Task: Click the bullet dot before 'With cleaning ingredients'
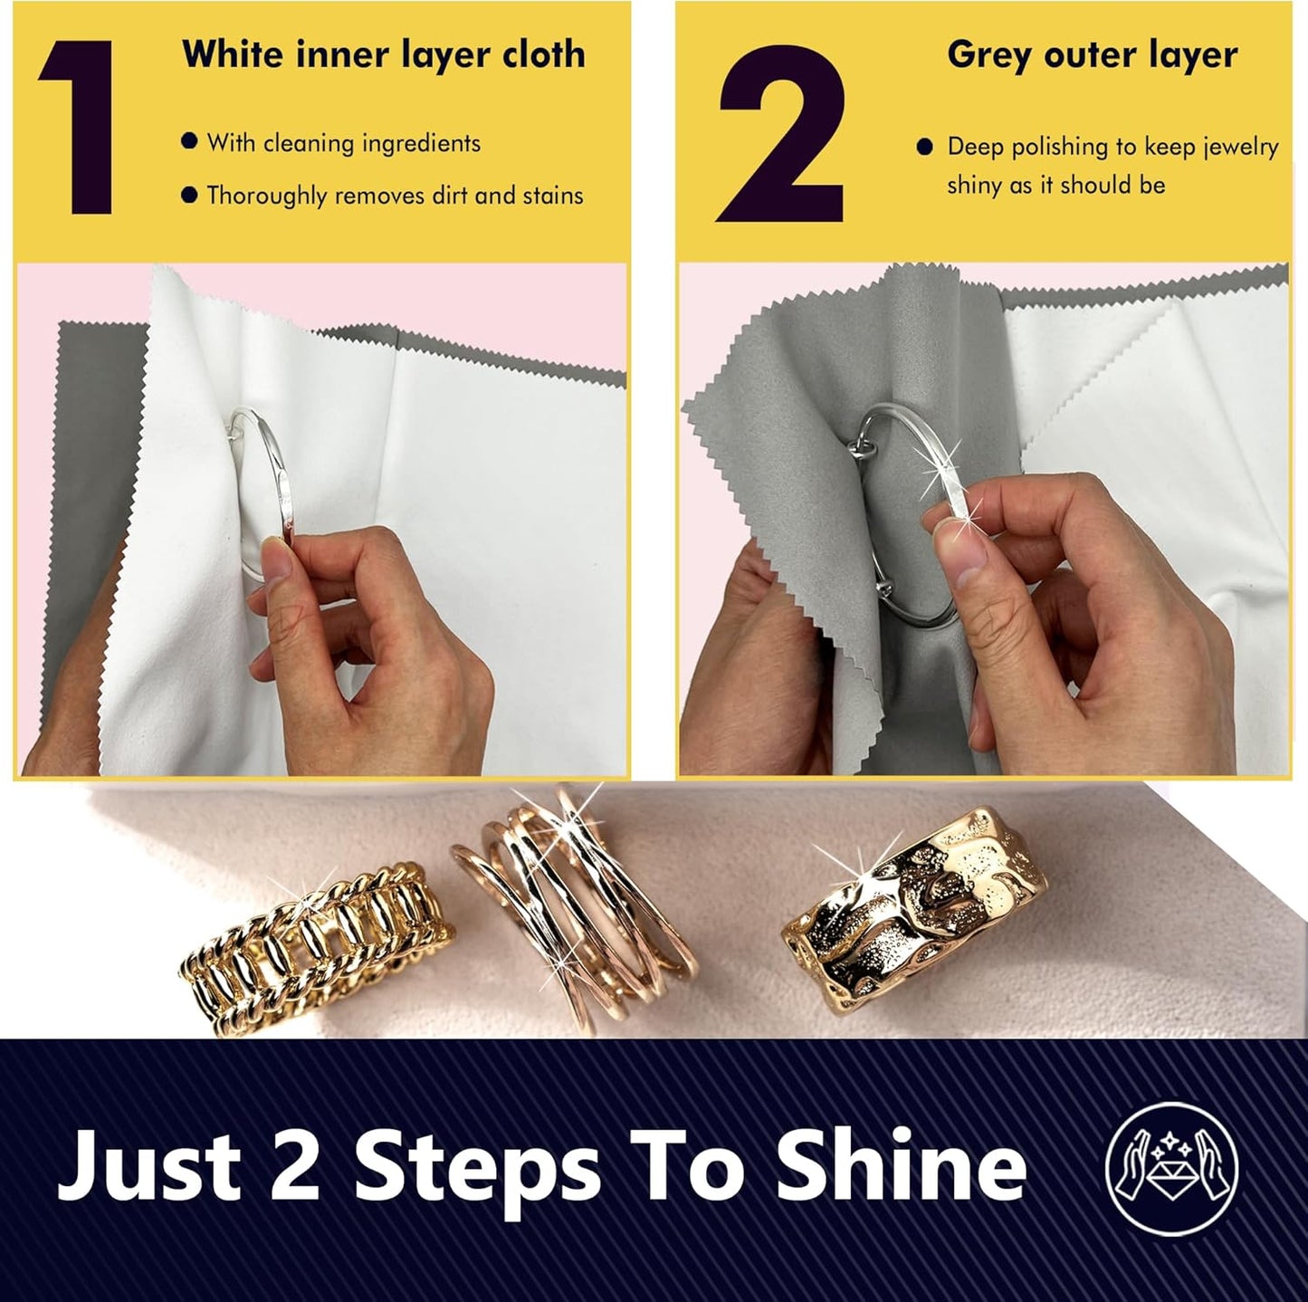[x=189, y=142]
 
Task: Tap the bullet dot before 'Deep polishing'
[x=924, y=147]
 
